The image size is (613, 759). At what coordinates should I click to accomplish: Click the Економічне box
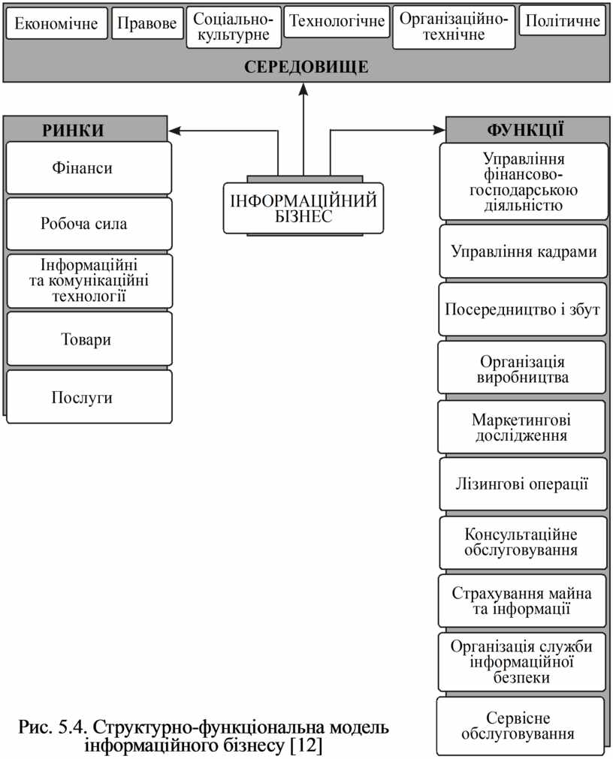[x=56, y=23]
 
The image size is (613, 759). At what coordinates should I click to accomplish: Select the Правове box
[x=147, y=23]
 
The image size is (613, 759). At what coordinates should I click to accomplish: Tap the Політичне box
[x=562, y=20]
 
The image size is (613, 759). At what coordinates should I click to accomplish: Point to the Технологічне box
[x=337, y=21]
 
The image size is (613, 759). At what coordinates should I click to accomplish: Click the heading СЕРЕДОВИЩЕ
[x=306, y=67]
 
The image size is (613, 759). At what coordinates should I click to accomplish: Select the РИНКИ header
[x=73, y=130]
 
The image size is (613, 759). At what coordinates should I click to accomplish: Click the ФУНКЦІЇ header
[x=525, y=130]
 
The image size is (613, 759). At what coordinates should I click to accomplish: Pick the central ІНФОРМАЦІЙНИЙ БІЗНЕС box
[x=303, y=208]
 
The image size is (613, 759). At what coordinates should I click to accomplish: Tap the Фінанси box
[x=89, y=168]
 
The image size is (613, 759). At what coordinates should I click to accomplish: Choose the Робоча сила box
[x=89, y=224]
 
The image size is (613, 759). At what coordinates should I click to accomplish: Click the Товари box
[x=89, y=339]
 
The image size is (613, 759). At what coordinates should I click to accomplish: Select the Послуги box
[x=89, y=397]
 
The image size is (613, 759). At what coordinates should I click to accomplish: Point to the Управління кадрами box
[x=524, y=251]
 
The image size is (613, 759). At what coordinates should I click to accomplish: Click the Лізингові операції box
[x=523, y=484]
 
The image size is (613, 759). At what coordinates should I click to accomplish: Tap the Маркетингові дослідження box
[x=522, y=427]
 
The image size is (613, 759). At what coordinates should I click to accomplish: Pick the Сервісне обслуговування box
[x=521, y=726]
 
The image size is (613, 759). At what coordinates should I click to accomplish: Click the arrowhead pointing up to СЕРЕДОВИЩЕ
[x=303, y=89]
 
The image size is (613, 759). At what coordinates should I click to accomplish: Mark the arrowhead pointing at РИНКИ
[x=175, y=131]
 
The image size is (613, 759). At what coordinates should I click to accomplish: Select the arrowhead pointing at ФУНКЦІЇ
[x=439, y=130]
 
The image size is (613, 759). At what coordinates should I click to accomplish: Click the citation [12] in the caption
[x=306, y=745]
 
